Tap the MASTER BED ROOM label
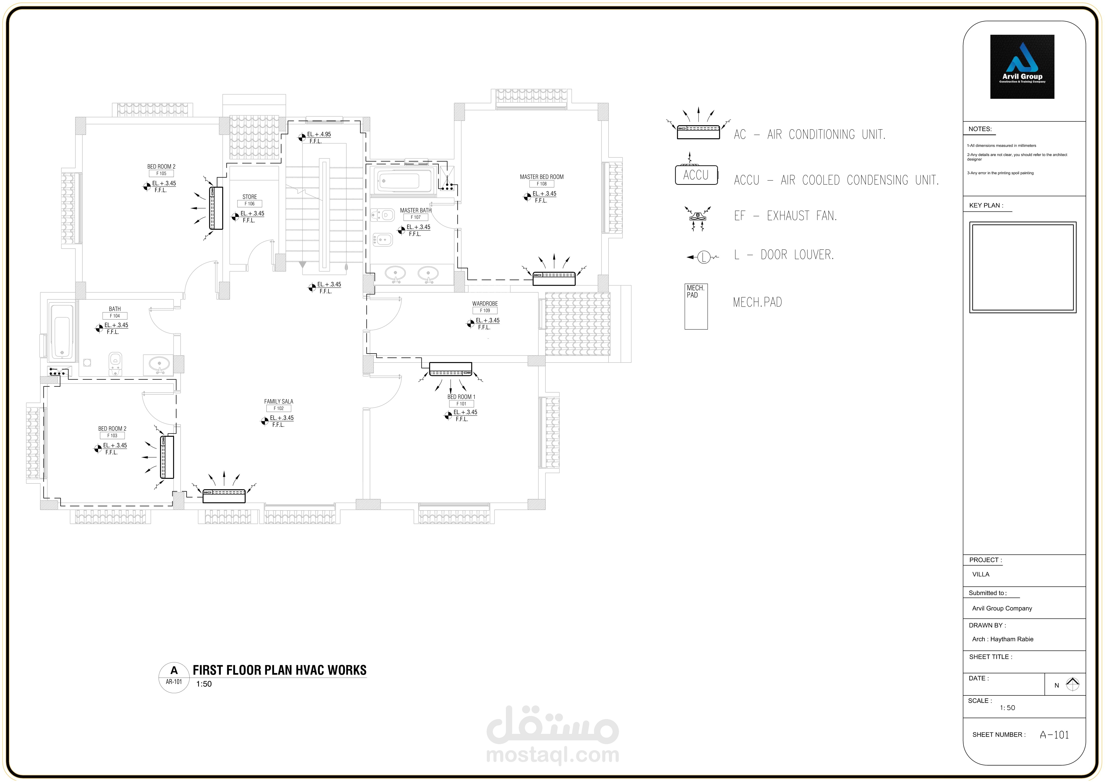(x=541, y=177)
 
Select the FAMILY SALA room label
(x=279, y=401)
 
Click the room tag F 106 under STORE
(x=249, y=204)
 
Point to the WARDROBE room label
(x=485, y=303)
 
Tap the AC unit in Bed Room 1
(x=450, y=369)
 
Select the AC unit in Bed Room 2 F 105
(x=216, y=208)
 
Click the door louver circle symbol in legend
(x=704, y=257)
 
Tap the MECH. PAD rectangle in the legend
(x=696, y=306)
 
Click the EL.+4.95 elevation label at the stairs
(x=319, y=134)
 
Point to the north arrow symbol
(x=1072, y=684)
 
